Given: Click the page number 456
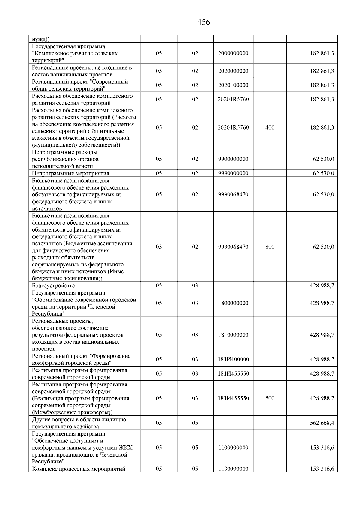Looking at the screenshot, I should (x=204, y=22).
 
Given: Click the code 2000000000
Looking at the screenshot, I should (x=233, y=53).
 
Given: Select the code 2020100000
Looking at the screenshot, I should (x=233, y=85).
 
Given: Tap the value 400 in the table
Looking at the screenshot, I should (x=270, y=127).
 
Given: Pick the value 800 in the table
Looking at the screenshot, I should (x=270, y=247).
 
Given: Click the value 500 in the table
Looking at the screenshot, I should (x=270, y=398).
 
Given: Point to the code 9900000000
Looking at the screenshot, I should (x=233, y=159).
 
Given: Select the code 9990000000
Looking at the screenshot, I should (x=233, y=173).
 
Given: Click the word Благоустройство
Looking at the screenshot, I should (x=54, y=286).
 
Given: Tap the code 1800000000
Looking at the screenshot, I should (x=233, y=303).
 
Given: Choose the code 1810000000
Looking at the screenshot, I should (x=233, y=335).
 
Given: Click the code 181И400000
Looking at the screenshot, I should (x=233, y=359).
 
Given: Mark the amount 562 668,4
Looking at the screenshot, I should (x=322, y=423).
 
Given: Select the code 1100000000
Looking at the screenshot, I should (x=233, y=448).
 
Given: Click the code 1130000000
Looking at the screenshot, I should (x=233, y=469).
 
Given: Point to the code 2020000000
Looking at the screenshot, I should (x=233, y=71).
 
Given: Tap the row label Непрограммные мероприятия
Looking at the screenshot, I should (x=70, y=173).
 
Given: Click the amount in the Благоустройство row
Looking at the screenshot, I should (x=322, y=286).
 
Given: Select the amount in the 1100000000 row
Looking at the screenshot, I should (x=322, y=448).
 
